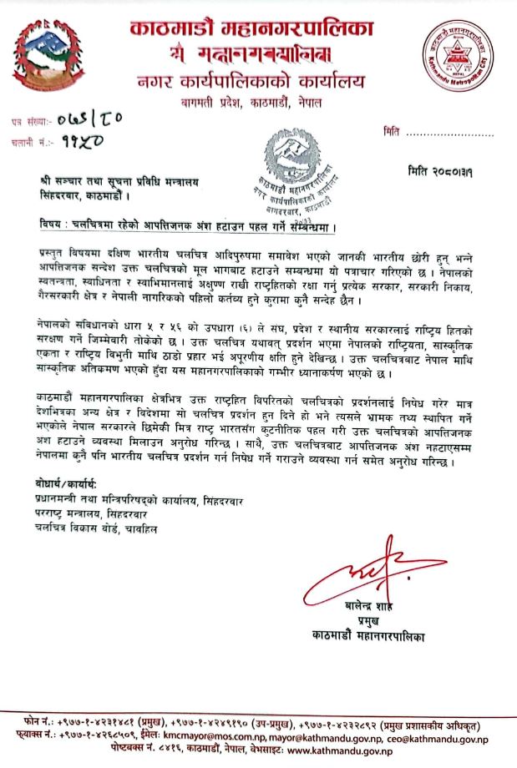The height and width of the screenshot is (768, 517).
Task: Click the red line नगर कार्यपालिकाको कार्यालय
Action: point(251,82)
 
